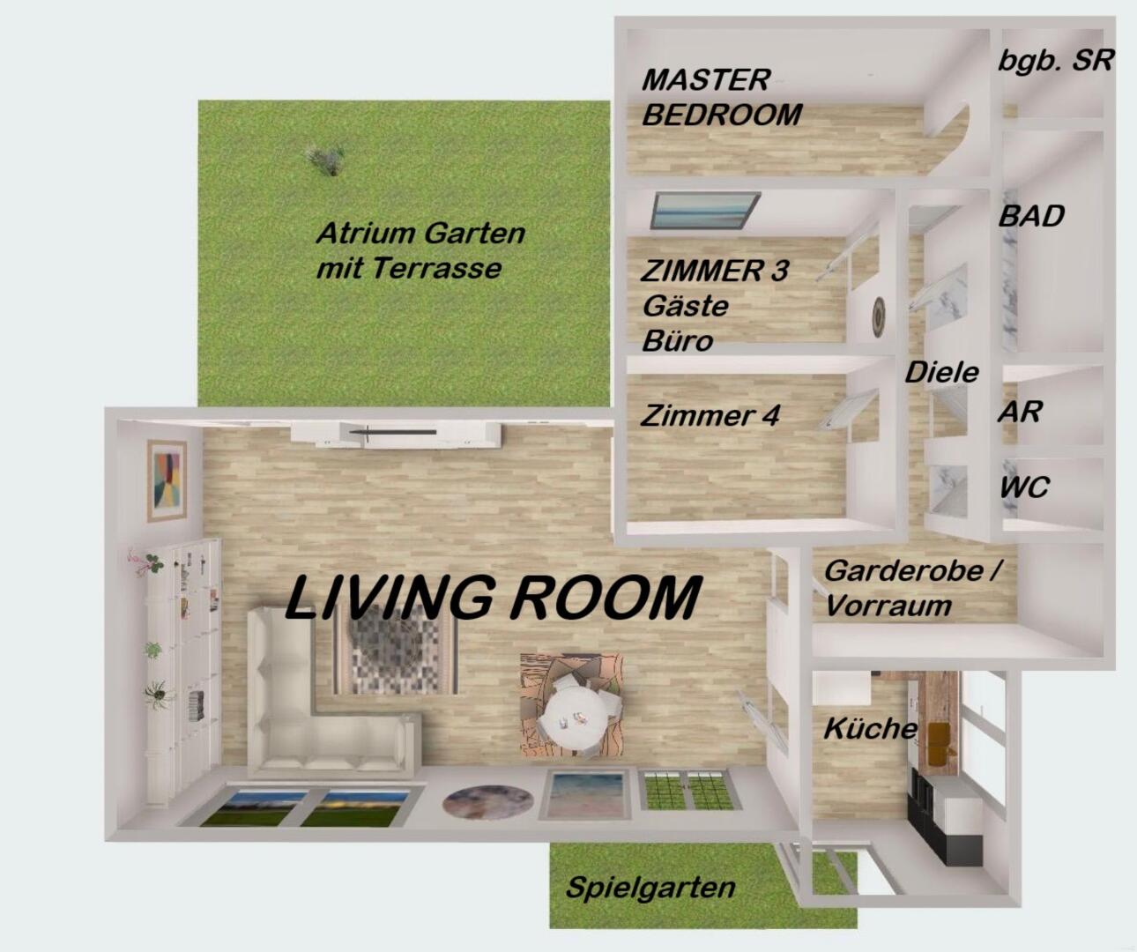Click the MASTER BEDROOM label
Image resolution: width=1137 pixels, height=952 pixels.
click(x=722, y=98)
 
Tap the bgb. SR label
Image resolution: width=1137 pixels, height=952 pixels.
click(x=1056, y=61)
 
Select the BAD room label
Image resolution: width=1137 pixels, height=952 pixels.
click(x=1031, y=216)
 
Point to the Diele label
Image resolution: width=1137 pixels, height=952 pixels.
click(x=941, y=373)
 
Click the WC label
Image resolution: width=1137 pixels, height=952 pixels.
click(x=1023, y=487)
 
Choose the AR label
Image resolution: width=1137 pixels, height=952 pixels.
click(x=1020, y=412)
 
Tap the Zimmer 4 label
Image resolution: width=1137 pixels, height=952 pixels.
click(x=710, y=415)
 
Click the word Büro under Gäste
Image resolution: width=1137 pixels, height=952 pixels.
click(x=678, y=341)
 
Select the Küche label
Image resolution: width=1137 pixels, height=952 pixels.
click(x=870, y=729)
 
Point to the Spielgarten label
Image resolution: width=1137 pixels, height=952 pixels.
click(x=650, y=889)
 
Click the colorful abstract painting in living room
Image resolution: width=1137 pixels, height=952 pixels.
click(x=167, y=480)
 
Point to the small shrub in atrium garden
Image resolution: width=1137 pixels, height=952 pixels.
click(x=325, y=160)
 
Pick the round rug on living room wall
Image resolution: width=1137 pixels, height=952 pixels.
click(x=488, y=801)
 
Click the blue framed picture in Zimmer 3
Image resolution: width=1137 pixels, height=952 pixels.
click(x=704, y=210)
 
